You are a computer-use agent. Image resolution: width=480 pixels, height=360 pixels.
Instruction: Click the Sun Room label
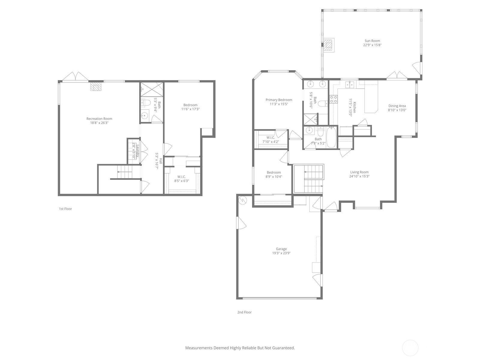[372, 41]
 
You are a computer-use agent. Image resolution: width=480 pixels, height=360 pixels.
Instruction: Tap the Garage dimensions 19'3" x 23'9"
[281, 253]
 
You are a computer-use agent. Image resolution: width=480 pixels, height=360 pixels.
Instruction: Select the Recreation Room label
[99, 119]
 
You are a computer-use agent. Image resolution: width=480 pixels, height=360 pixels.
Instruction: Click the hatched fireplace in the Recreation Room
[96, 87]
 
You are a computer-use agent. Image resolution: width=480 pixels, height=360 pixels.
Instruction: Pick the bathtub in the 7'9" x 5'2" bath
[331, 137]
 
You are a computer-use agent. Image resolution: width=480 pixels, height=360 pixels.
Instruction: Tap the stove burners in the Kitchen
[334, 99]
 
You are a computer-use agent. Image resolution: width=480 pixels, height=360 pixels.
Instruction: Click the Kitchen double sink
[350, 84]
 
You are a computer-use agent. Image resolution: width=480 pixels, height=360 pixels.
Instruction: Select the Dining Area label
[397, 106]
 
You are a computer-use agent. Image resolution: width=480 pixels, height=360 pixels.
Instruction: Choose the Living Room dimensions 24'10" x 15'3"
[359, 176]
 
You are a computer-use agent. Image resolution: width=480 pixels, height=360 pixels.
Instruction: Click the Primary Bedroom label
[279, 100]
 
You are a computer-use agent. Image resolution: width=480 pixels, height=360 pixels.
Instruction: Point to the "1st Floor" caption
[65, 209]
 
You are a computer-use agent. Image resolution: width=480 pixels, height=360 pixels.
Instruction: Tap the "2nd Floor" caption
[244, 312]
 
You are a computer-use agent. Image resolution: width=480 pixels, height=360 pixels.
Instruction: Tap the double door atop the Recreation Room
[75, 77]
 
